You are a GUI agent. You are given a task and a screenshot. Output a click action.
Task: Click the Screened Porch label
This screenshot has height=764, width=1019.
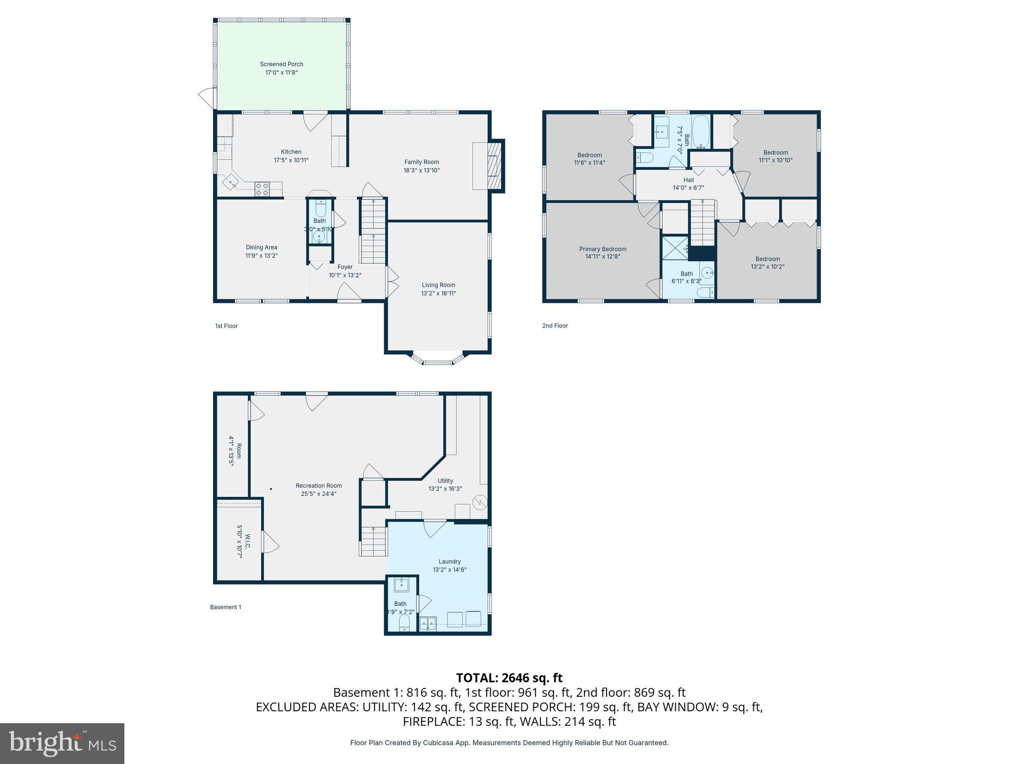click(x=281, y=64)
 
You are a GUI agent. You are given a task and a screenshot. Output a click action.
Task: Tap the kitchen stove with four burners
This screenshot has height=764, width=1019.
click(x=262, y=189)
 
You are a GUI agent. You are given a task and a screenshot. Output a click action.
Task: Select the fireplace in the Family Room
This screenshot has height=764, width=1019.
click(x=494, y=166)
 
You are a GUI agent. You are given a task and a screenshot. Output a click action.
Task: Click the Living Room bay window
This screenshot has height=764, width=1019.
click(x=438, y=359)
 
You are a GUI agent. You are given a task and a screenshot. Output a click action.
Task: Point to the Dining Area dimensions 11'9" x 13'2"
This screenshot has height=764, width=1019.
click(x=261, y=256)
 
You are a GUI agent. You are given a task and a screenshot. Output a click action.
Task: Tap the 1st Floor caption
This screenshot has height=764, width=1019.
click(x=226, y=326)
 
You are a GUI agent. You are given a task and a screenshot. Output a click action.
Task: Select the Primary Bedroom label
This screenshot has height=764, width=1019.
click(x=603, y=249)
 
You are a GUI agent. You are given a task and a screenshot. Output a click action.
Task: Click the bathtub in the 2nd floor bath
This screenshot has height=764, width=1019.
click(x=701, y=132)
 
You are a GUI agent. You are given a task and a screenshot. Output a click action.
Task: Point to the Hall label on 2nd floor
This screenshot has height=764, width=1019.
click(x=688, y=180)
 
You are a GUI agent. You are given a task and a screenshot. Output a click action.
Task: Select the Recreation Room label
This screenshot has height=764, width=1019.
click(x=318, y=485)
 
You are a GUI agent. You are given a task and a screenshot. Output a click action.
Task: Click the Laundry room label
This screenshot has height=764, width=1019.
click(x=449, y=562)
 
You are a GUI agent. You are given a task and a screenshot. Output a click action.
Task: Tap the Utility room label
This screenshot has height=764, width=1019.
click(x=445, y=480)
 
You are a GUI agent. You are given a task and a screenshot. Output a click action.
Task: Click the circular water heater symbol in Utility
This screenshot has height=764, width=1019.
click(x=479, y=503)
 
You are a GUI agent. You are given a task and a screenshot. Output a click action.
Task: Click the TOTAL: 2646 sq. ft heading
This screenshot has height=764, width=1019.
click(x=509, y=677)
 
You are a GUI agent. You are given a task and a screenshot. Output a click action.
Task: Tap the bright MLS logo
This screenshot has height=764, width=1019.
click(x=62, y=743)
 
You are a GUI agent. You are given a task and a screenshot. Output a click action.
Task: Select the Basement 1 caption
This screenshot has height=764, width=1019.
click(x=225, y=607)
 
